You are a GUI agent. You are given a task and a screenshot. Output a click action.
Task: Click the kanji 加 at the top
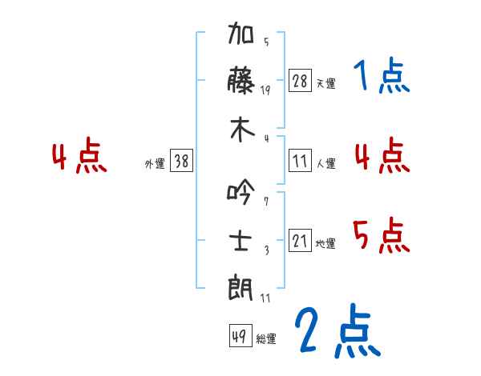click(x=240, y=33)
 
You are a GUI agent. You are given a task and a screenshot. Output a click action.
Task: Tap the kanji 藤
click(x=241, y=80)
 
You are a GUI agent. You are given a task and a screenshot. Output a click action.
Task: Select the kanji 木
click(x=242, y=130)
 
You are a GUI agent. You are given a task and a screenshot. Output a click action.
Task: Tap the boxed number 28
click(x=300, y=81)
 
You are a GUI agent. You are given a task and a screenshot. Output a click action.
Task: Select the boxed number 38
click(x=181, y=160)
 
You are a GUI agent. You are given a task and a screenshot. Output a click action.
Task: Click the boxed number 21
click(x=300, y=240)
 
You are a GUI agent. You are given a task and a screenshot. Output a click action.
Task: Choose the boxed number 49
click(x=240, y=335)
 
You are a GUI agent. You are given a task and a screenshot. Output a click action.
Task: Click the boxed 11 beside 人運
click(x=300, y=161)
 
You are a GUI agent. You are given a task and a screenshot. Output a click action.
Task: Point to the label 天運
click(x=326, y=83)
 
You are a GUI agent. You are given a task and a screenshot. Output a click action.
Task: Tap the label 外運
click(x=155, y=163)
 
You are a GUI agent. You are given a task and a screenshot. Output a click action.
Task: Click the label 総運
click(x=266, y=338)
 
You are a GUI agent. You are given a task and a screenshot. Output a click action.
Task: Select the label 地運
click(x=325, y=243)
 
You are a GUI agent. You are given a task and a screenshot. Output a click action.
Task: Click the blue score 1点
click(x=382, y=75)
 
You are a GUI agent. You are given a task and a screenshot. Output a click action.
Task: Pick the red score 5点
click(x=382, y=235)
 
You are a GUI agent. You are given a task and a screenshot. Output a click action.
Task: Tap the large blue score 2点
click(x=338, y=330)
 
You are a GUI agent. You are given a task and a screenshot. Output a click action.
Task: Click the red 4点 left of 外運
click(x=79, y=155)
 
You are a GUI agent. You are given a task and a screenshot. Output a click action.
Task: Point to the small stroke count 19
click(x=265, y=90)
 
